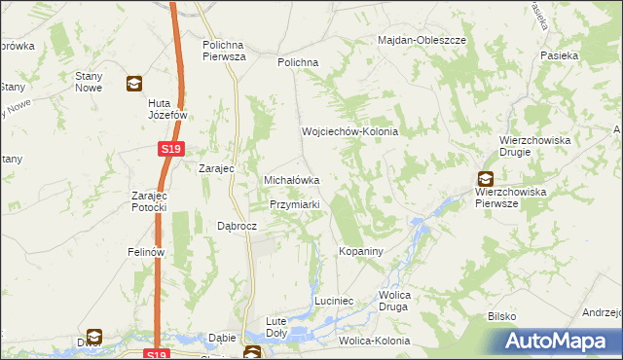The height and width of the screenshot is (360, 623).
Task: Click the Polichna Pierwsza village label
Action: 224,51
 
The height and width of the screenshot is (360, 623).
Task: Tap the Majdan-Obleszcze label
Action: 423,41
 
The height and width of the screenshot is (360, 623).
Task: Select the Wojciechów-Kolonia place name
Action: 349,131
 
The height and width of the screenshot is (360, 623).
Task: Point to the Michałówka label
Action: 293,180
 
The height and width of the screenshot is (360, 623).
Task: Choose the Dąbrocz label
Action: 237,225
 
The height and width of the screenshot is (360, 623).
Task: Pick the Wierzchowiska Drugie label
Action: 533,146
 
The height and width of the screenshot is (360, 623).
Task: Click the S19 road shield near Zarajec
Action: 170,148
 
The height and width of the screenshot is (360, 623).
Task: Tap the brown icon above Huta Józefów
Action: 133,84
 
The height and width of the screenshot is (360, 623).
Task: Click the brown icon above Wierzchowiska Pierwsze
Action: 485,178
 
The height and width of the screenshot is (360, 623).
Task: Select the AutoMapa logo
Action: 560,341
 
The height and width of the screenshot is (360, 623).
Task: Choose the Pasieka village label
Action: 562,56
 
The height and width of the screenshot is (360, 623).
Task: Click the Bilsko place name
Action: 501,317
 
